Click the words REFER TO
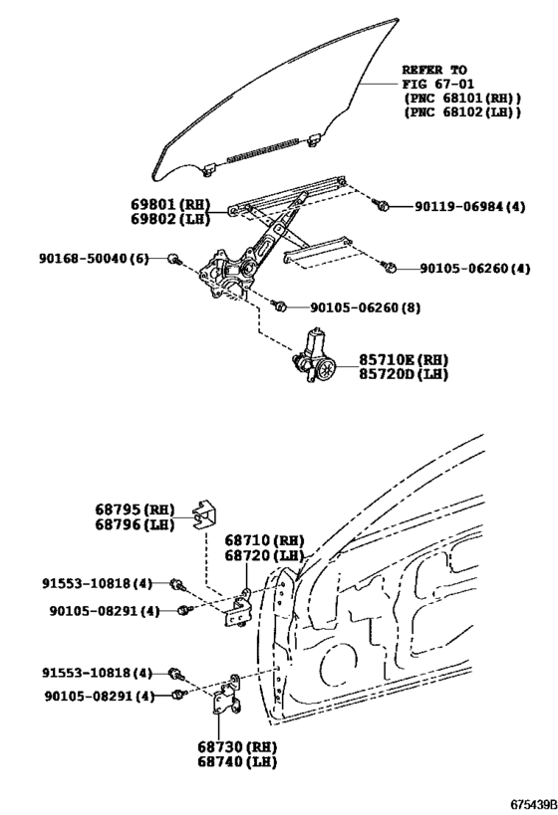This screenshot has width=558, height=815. (x=434, y=71)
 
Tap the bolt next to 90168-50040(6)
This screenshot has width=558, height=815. (x=172, y=260)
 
